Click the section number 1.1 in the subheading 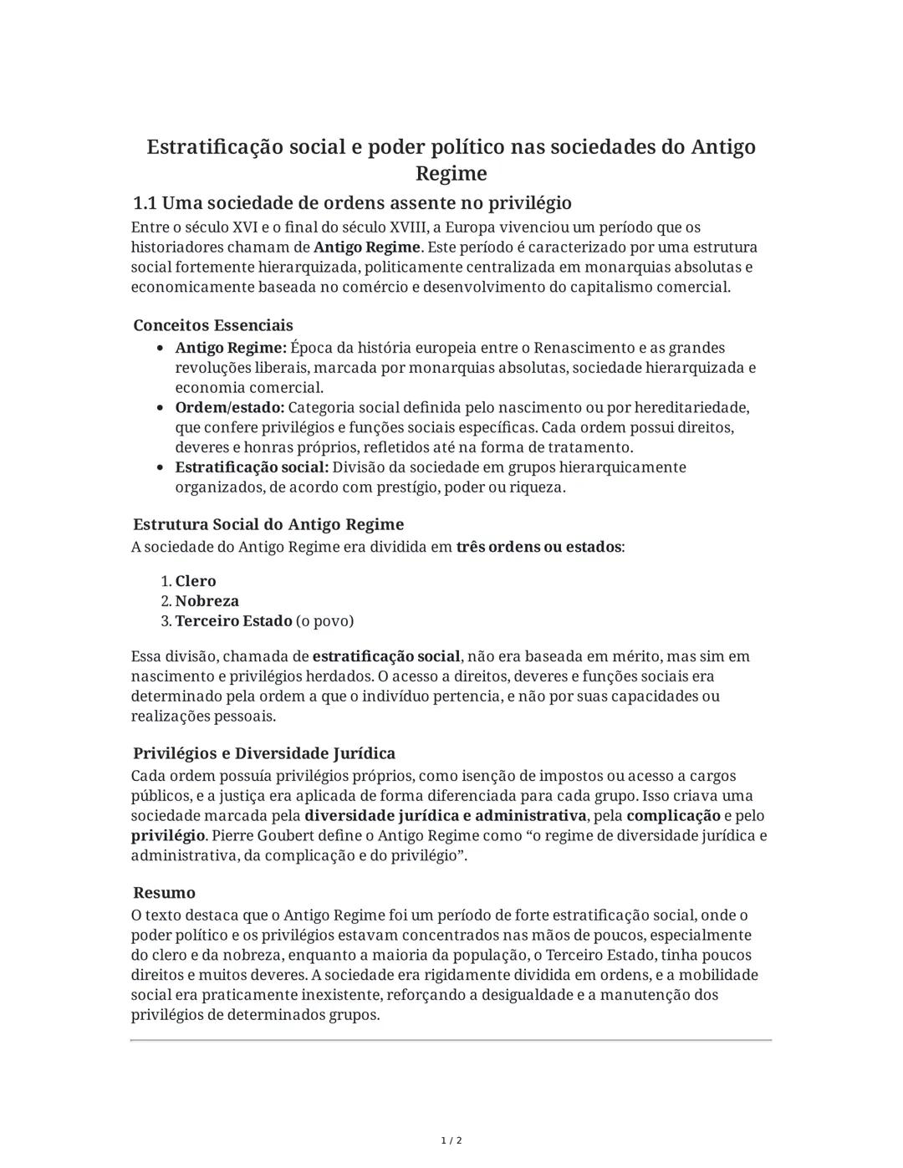coord(145,203)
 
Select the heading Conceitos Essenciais coord(213,325)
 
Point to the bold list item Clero coord(196,581)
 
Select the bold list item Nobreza coord(207,601)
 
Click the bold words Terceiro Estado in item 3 coord(233,621)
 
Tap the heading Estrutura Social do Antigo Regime coord(268,525)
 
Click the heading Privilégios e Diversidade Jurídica coord(264,753)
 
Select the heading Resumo coord(164,893)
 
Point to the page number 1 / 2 coord(451,1141)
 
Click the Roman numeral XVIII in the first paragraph coord(407,227)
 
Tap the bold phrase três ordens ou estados coord(539,547)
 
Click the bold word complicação coord(673,816)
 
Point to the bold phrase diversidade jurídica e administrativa coord(445,816)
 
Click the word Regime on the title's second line coord(451,174)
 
